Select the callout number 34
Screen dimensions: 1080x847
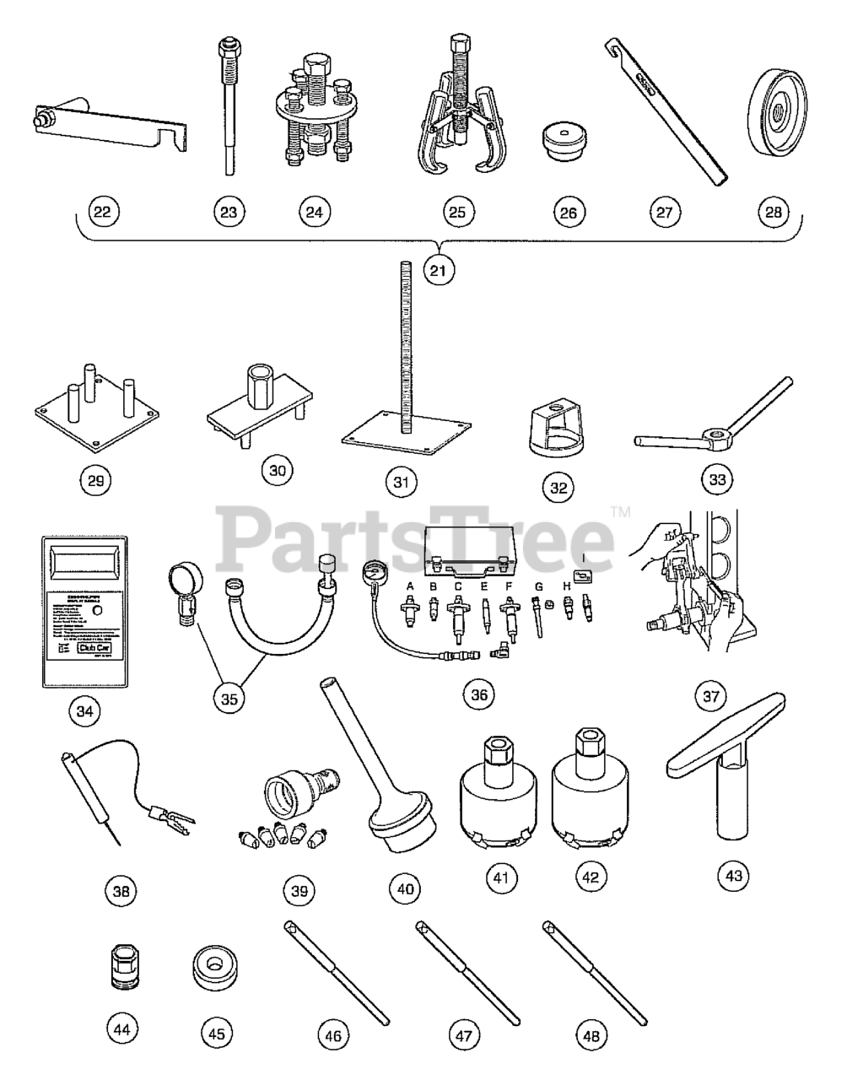click(x=84, y=711)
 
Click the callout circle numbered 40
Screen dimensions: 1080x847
click(x=405, y=888)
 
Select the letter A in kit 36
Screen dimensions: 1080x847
click(x=411, y=586)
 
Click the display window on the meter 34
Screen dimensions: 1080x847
click(x=84, y=558)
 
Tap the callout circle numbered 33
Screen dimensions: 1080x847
click(x=717, y=479)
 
